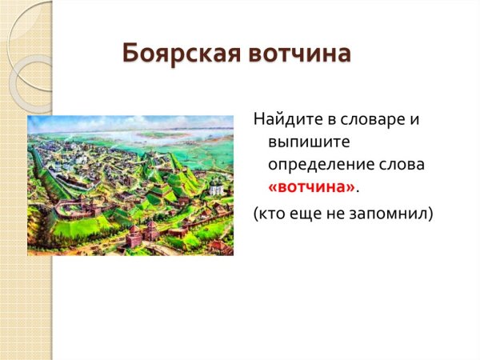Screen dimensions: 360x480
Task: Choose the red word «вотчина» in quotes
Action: point(311,186)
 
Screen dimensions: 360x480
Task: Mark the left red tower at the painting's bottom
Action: point(134,235)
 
